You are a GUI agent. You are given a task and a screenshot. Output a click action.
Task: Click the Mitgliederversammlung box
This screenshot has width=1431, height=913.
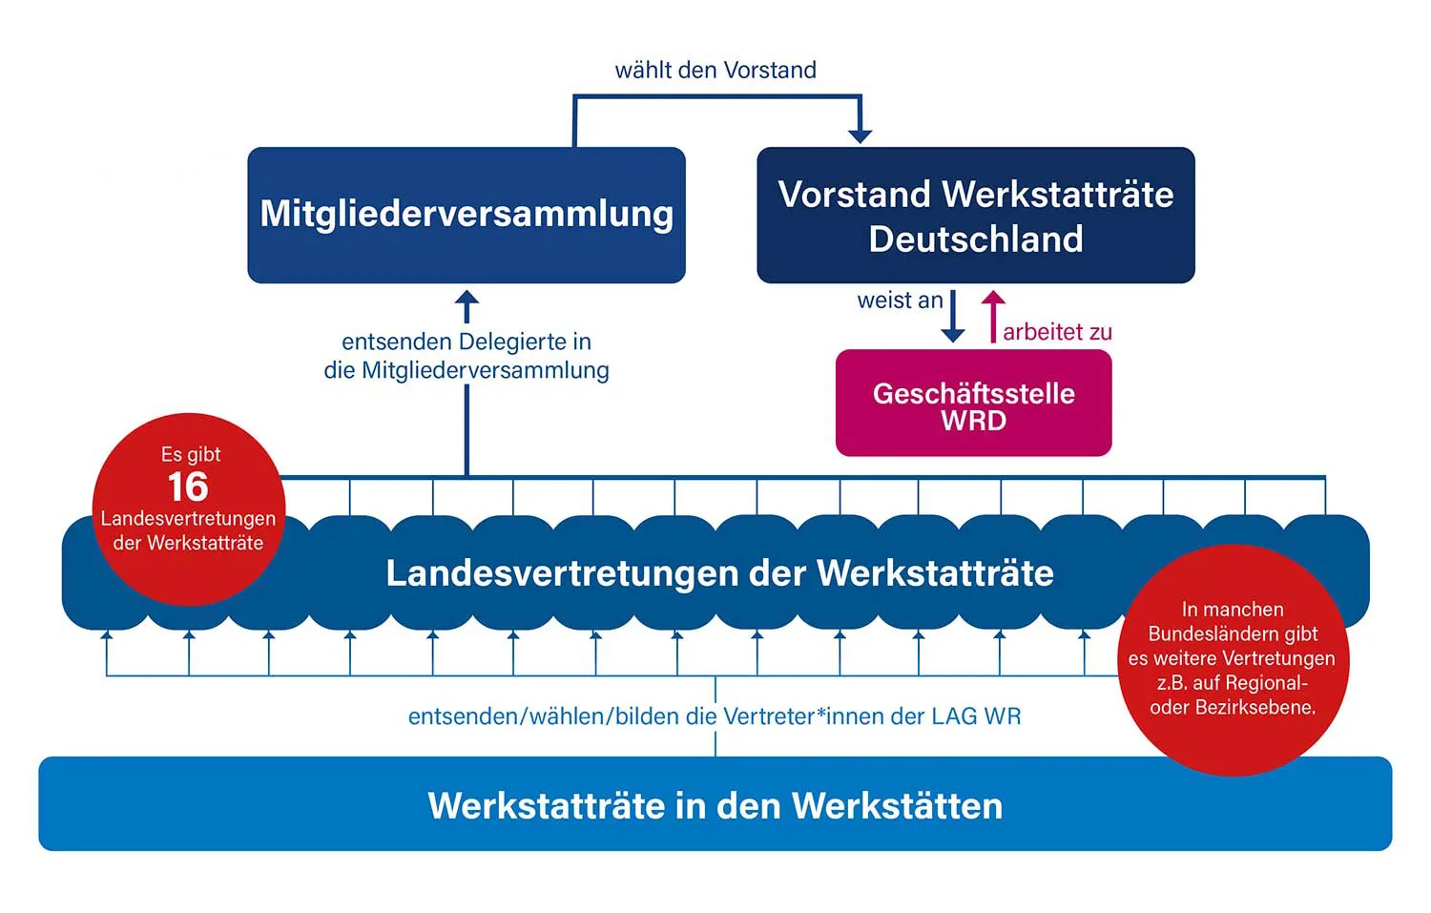tap(467, 215)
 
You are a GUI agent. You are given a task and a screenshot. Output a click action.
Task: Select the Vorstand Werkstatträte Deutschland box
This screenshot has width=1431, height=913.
tap(975, 216)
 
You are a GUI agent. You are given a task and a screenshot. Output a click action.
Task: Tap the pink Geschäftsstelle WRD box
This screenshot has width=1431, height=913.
tap(973, 404)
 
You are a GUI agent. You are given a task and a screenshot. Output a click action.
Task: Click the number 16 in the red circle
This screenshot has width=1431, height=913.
tap(188, 487)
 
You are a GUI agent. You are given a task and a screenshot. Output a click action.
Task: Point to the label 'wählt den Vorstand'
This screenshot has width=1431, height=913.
tap(715, 70)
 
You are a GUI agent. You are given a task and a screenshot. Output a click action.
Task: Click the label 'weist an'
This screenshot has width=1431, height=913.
tap(900, 301)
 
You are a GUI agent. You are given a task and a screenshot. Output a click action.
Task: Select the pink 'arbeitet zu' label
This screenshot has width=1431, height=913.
tap(1057, 332)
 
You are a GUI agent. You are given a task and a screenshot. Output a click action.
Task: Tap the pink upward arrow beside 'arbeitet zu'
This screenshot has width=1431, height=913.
tap(993, 315)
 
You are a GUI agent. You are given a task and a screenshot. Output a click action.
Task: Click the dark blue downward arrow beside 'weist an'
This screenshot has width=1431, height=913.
tap(953, 318)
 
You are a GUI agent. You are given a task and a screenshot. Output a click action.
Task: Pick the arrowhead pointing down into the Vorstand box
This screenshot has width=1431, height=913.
tap(861, 135)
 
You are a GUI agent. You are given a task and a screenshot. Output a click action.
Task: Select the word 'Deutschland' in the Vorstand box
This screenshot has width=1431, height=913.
tap(976, 239)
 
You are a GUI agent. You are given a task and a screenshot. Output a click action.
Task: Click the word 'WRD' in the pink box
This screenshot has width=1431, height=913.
tap(973, 421)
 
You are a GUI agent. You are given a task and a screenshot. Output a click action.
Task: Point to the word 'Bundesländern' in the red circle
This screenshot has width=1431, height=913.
tap(1233, 633)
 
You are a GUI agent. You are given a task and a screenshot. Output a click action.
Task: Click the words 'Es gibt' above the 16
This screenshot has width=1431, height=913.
tap(191, 454)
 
